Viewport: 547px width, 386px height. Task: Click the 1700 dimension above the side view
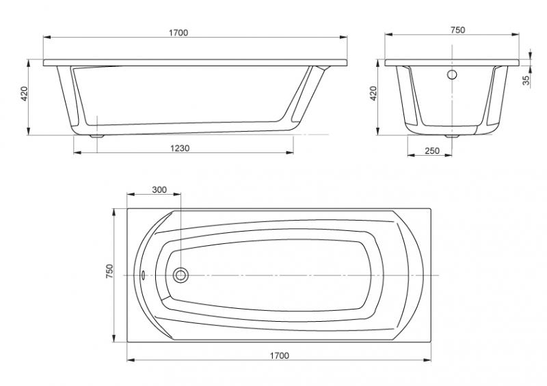coord(178,33)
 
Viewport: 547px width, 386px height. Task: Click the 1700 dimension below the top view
coord(280,356)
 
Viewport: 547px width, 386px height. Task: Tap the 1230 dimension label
coord(180,148)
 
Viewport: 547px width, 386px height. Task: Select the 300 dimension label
coord(159,190)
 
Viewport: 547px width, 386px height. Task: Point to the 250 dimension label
coord(432,150)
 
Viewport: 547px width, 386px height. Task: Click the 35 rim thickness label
coord(526,80)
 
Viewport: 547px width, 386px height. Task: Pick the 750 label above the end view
coord(457,30)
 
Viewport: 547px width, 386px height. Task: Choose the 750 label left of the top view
coord(109,271)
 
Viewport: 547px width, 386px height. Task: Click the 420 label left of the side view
coord(24,94)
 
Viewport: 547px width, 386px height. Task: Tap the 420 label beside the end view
coord(373,94)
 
